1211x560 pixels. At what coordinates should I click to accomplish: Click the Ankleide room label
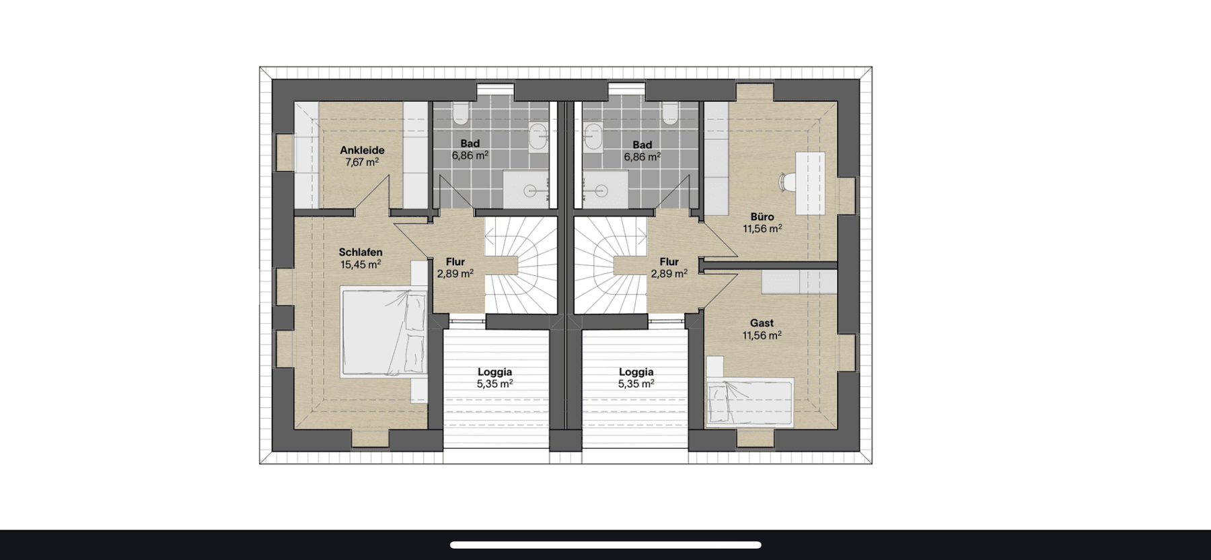point(362,150)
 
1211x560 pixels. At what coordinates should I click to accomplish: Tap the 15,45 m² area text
point(361,265)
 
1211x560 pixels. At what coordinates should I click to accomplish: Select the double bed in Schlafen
point(383,330)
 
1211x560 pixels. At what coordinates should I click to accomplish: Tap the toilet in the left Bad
point(461,114)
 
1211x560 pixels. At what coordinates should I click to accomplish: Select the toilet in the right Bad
point(669,114)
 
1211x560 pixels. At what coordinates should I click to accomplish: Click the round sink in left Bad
point(538,137)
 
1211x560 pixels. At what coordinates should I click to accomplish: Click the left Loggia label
point(494,372)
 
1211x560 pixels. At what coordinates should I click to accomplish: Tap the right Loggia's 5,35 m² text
point(636,384)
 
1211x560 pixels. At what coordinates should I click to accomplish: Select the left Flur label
point(455,262)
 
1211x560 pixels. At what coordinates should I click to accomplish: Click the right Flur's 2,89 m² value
point(669,274)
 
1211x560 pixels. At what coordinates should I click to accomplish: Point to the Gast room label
point(762,323)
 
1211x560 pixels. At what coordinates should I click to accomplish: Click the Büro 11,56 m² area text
point(762,229)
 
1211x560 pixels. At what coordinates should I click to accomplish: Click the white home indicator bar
point(605,545)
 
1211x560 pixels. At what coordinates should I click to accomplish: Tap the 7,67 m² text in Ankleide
point(362,162)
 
